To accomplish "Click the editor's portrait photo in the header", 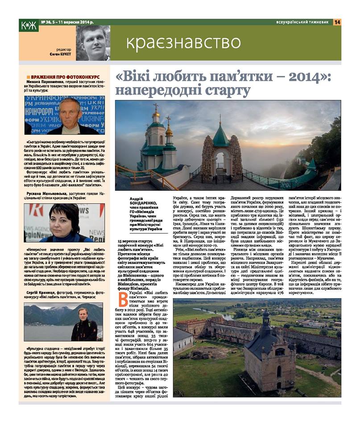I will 93,43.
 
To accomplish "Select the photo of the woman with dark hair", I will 66,222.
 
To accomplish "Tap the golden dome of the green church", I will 156,116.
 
